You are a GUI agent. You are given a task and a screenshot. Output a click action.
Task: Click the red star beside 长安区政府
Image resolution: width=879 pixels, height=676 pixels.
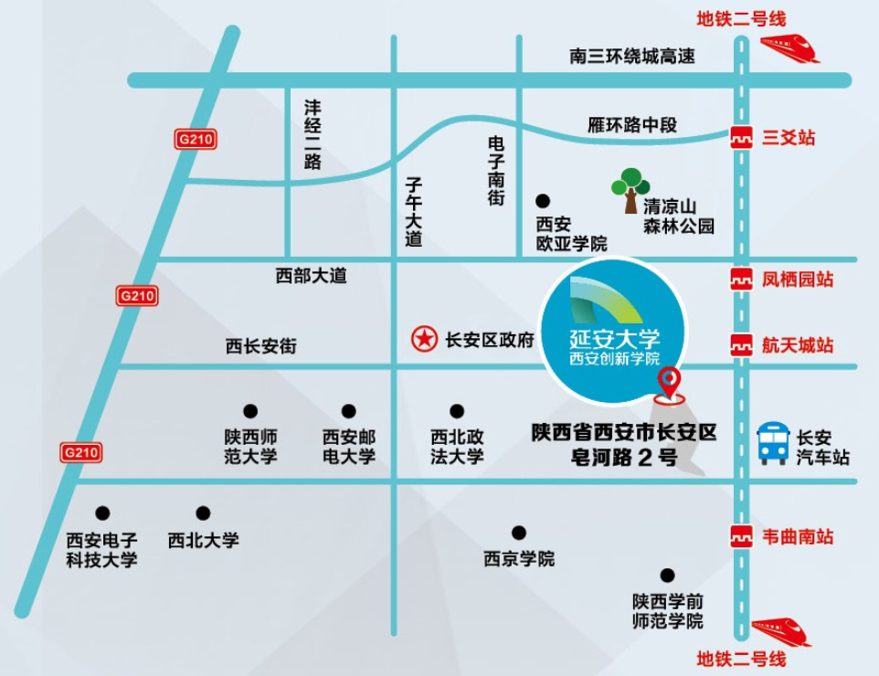[x=423, y=340]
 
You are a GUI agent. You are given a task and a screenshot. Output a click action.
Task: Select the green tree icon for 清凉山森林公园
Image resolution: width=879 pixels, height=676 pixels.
[x=630, y=189]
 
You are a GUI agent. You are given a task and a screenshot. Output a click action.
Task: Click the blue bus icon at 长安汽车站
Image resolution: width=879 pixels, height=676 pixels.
[x=773, y=443]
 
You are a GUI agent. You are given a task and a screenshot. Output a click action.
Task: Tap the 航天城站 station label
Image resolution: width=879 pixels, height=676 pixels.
[x=798, y=345]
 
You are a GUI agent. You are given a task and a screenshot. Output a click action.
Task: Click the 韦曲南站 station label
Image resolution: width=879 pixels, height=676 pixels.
[x=798, y=537]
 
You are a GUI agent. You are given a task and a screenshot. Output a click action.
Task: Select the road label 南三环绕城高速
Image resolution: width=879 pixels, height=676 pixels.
[x=632, y=57]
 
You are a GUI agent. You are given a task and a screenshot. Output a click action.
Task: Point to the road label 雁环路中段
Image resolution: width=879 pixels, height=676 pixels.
[x=632, y=125]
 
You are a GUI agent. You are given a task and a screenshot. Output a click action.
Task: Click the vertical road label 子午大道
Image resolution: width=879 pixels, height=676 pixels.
[x=415, y=212]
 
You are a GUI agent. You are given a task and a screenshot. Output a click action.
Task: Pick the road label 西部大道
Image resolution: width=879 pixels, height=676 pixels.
[x=312, y=276]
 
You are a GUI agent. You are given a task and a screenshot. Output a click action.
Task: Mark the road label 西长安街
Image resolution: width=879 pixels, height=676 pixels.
[x=262, y=346]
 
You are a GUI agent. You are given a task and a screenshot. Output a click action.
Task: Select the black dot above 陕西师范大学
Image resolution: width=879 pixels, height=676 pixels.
[x=249, y=411]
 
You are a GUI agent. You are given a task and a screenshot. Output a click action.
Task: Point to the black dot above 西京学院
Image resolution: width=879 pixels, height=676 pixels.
[x=519, y=533]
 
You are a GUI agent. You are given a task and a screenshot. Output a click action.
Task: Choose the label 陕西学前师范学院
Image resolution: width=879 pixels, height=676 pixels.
[x=668, y=611]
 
